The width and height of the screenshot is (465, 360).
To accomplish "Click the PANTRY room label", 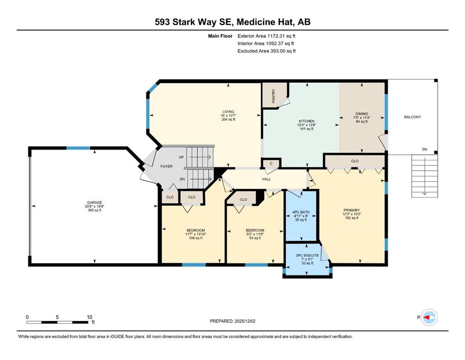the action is [x=273, y=96].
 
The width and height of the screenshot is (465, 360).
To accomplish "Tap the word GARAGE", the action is [x=95, y=202].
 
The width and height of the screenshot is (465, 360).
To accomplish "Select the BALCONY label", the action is [x=413, y=117].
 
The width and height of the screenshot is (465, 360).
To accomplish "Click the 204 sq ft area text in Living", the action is [x=229, y=120].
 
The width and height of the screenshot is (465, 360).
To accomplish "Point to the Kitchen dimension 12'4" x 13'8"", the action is [x=307, y=125].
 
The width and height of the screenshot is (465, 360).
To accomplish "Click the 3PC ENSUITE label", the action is [x=307, y=255].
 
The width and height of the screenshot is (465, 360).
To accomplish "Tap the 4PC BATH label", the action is [x=301, y=212].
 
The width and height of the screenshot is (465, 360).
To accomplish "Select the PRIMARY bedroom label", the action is [x=352, y=210].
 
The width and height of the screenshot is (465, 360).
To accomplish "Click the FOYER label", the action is [x=166, y=166].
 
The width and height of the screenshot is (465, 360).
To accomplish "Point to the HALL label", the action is [x=266, y=179].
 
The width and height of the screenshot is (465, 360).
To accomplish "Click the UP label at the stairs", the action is [x=181, y=157].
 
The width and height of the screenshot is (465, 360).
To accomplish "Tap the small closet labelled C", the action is [x=271, y=164].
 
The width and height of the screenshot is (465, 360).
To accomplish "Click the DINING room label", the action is [x=362, y=113].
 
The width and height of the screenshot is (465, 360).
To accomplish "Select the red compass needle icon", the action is [x=427, y=317].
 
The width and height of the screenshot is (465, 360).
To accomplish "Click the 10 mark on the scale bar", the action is [x=89, y=317].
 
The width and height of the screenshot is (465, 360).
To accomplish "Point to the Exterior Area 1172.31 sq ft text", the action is [x=266, y=36].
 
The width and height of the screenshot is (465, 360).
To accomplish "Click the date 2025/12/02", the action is [x=245, y=321].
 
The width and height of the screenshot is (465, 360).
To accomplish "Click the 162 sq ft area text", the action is [x=352, y=218].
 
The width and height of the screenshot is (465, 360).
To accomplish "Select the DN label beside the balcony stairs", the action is [x=425, y=149].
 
